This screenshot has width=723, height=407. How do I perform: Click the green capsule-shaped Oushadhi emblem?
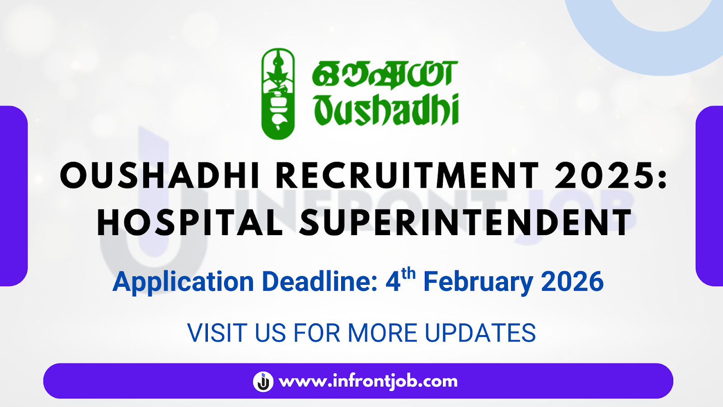(x=278, y=94)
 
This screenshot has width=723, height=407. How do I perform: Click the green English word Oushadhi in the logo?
(x=386, y=110)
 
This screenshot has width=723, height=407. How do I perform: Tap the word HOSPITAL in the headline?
(x=190, y=222)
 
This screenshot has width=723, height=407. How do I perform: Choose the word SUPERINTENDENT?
(x=465, y=222)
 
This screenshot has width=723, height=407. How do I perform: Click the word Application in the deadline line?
(x=183, y=282)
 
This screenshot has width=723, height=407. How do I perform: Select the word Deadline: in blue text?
(x=320, y=281)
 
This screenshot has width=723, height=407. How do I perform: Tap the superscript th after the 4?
(x=408, y=274)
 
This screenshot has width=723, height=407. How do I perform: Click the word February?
(x=478, y=282)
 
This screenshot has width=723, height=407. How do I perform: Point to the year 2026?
(x=572, y=281)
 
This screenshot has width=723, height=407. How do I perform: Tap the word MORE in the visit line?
(x=382, y=333)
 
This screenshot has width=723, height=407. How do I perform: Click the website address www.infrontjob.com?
(x=368, y=381)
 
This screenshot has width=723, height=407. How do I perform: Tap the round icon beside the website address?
(x=263, y=381)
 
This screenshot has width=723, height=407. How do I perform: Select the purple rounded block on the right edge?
(x=709, y=196)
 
